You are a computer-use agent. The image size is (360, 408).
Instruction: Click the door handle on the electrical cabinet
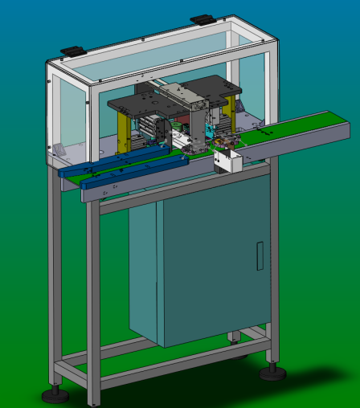260,255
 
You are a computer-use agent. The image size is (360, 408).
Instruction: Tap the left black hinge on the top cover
71,51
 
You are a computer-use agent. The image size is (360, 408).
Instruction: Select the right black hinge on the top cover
200,18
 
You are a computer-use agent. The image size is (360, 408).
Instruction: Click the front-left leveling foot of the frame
57,394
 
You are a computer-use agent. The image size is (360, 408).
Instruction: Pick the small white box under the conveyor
227,163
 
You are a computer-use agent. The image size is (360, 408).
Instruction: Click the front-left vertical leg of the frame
94,305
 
